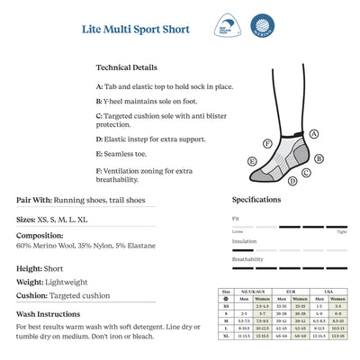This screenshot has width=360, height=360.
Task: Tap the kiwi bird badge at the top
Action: [231, 27]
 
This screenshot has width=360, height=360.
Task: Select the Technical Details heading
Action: [126, 67]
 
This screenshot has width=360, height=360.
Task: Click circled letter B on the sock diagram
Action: [319, 159]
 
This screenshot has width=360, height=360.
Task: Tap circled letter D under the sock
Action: [292, 181]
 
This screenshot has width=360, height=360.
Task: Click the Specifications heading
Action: [256, 200]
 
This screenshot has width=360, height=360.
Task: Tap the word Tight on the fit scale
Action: [341, 231]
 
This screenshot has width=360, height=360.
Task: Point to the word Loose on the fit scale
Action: [238, 231]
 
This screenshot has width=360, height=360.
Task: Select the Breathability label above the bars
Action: [247, 259]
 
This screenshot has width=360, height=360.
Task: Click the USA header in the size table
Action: [328, 292]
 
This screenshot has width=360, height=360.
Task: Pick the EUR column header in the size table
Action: [290, 292]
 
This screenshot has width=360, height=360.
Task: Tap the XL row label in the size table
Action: [227, 335]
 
